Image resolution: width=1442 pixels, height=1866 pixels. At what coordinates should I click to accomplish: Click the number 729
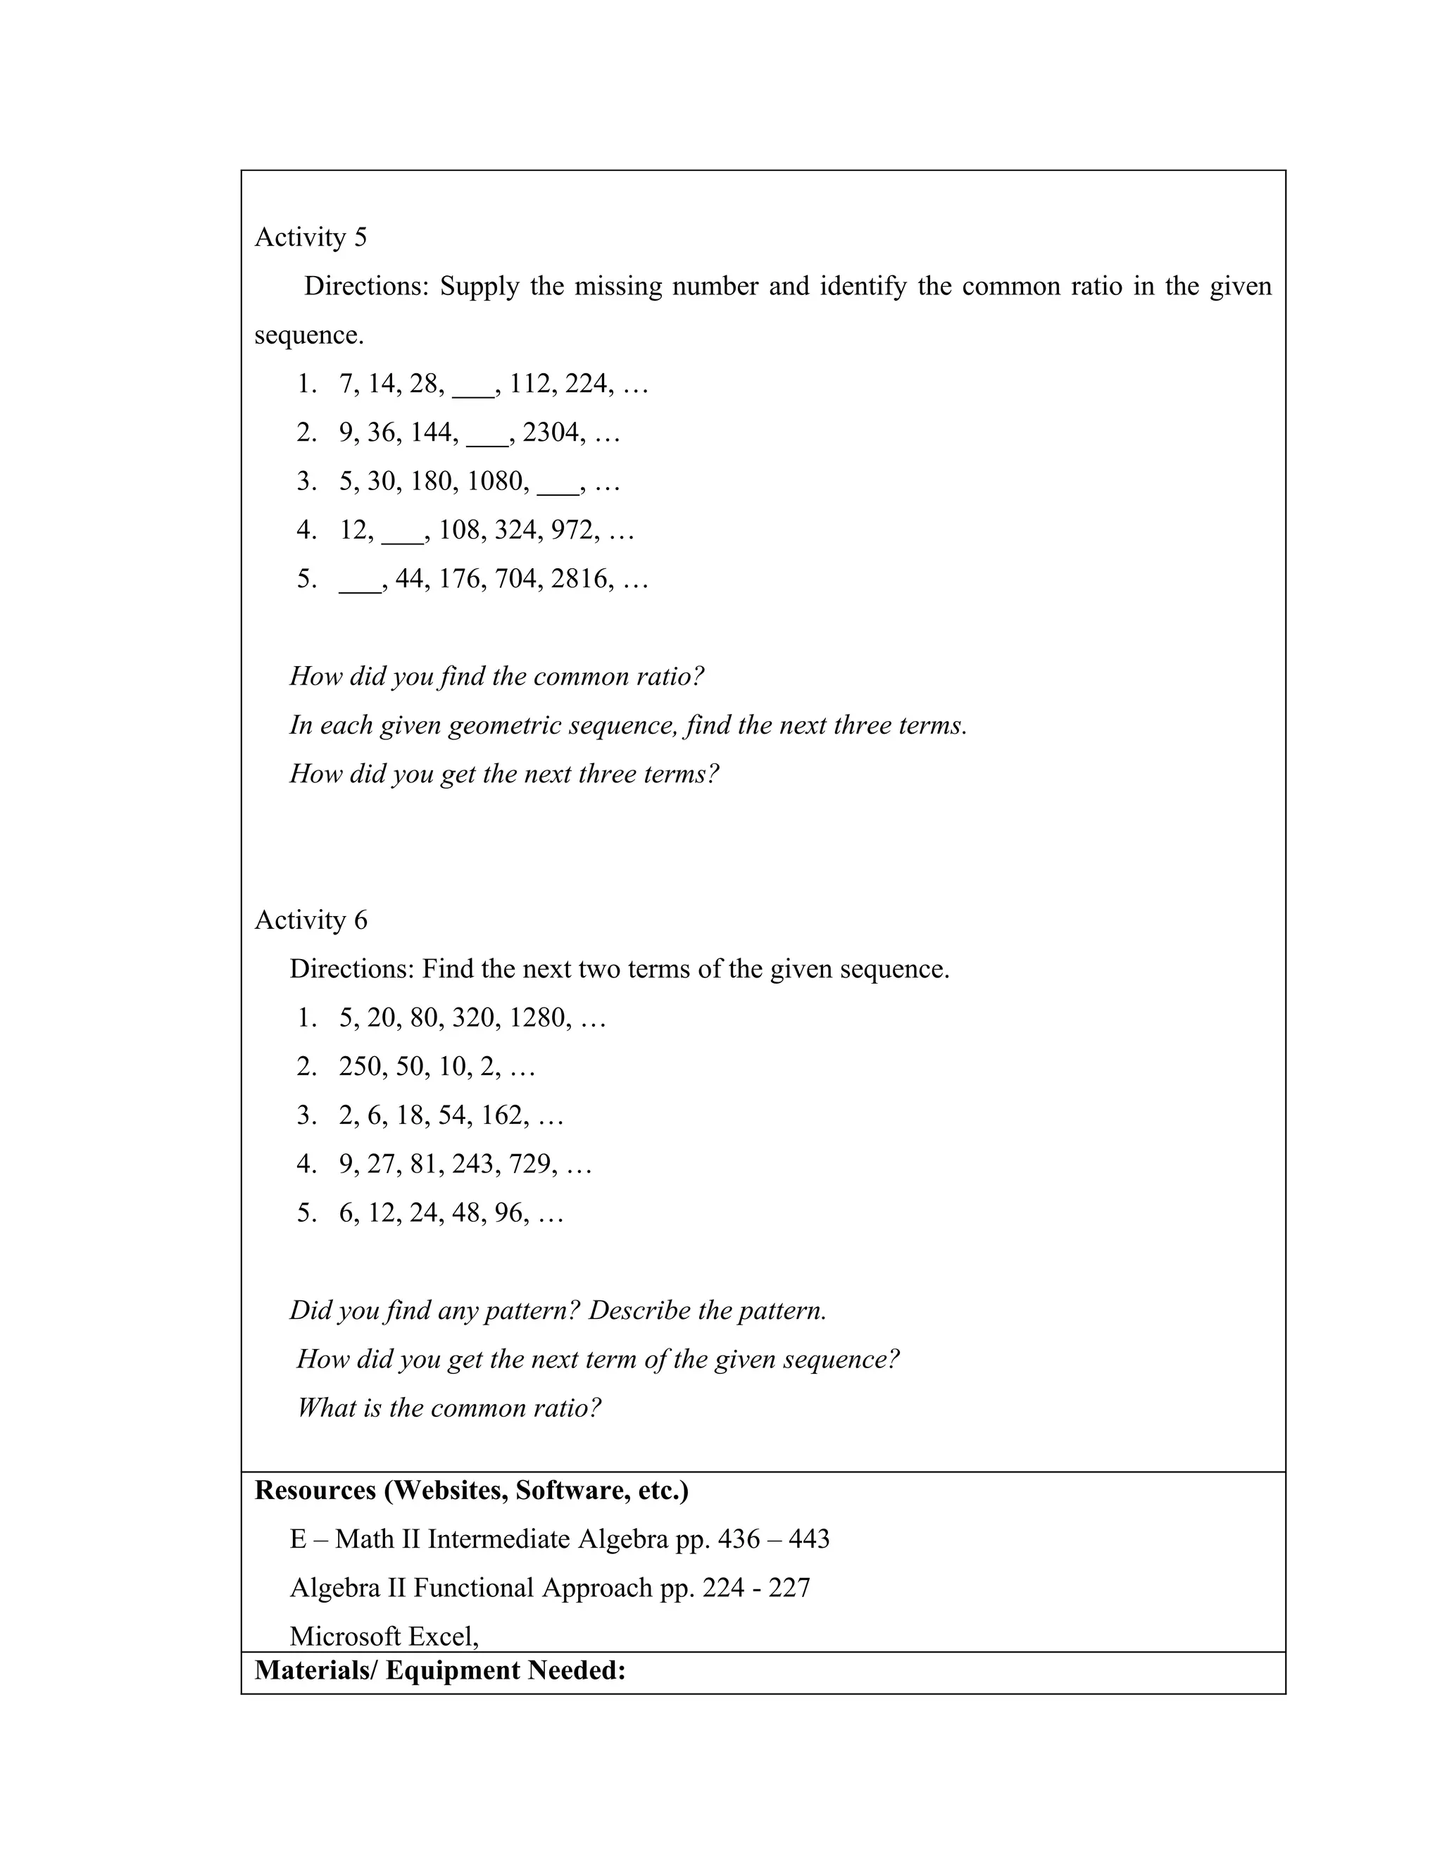click(x=529, y=1164)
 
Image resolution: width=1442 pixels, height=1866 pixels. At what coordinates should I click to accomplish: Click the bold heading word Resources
click(x=315, y=1490)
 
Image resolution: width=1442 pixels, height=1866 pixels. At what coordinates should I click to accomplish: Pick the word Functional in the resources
click(x=473, y=1587)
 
